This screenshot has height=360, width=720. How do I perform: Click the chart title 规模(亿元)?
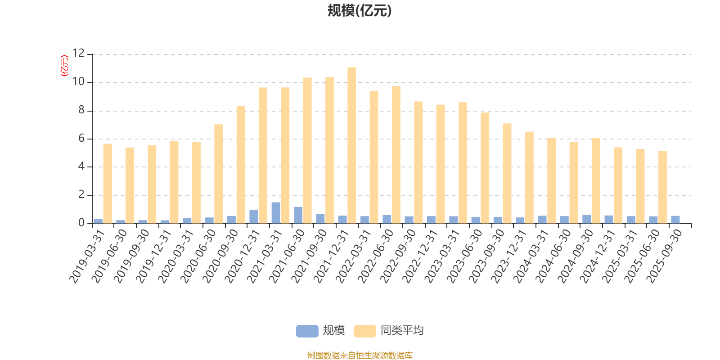pos(359,11)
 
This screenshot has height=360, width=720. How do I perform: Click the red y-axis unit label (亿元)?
pos(64,66)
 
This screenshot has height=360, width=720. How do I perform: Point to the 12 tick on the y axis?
pos(79,54)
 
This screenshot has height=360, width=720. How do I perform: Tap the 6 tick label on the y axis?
pos(81,139)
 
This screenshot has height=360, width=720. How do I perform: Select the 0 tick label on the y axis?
pos(81,223)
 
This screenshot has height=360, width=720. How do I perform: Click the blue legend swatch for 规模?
pos(307,331)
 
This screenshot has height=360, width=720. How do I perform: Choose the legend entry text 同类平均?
pos(402,331)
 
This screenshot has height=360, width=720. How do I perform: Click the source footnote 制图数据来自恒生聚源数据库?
pos(360,355)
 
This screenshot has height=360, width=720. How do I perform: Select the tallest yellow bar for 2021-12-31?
pos(352,145)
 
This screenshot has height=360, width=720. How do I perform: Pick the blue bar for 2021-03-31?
pos(276,213)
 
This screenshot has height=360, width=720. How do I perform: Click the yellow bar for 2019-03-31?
pos(108,183)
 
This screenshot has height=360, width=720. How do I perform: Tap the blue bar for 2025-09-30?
pos(675,220)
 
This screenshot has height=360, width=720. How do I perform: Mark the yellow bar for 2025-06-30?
pos(662,187)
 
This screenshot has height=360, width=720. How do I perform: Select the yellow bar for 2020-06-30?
pos(219,174)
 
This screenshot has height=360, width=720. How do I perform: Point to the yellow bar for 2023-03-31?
pos(463,163)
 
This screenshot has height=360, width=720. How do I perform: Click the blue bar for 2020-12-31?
pos(254,216)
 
